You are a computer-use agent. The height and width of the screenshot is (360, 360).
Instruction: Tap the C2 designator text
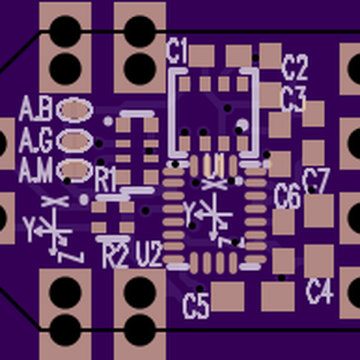(x=295, y=67)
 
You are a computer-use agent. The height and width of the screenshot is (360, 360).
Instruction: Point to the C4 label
(x=319, y=291)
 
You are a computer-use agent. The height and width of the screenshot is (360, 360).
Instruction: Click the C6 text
(x=287, y=196)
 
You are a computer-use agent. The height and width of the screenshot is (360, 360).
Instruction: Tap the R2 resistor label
(x=115, y=256)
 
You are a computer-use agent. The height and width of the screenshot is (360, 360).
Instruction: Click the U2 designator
(x=149, y=255)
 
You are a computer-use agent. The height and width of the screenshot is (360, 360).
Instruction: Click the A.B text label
(x=36, y=109)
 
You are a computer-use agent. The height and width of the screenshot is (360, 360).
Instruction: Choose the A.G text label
(x=36, y=141)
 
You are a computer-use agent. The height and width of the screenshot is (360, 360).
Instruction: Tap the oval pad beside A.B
(x=75, y=110)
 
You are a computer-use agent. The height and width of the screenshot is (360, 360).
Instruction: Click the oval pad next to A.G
(x=75, y=140)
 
